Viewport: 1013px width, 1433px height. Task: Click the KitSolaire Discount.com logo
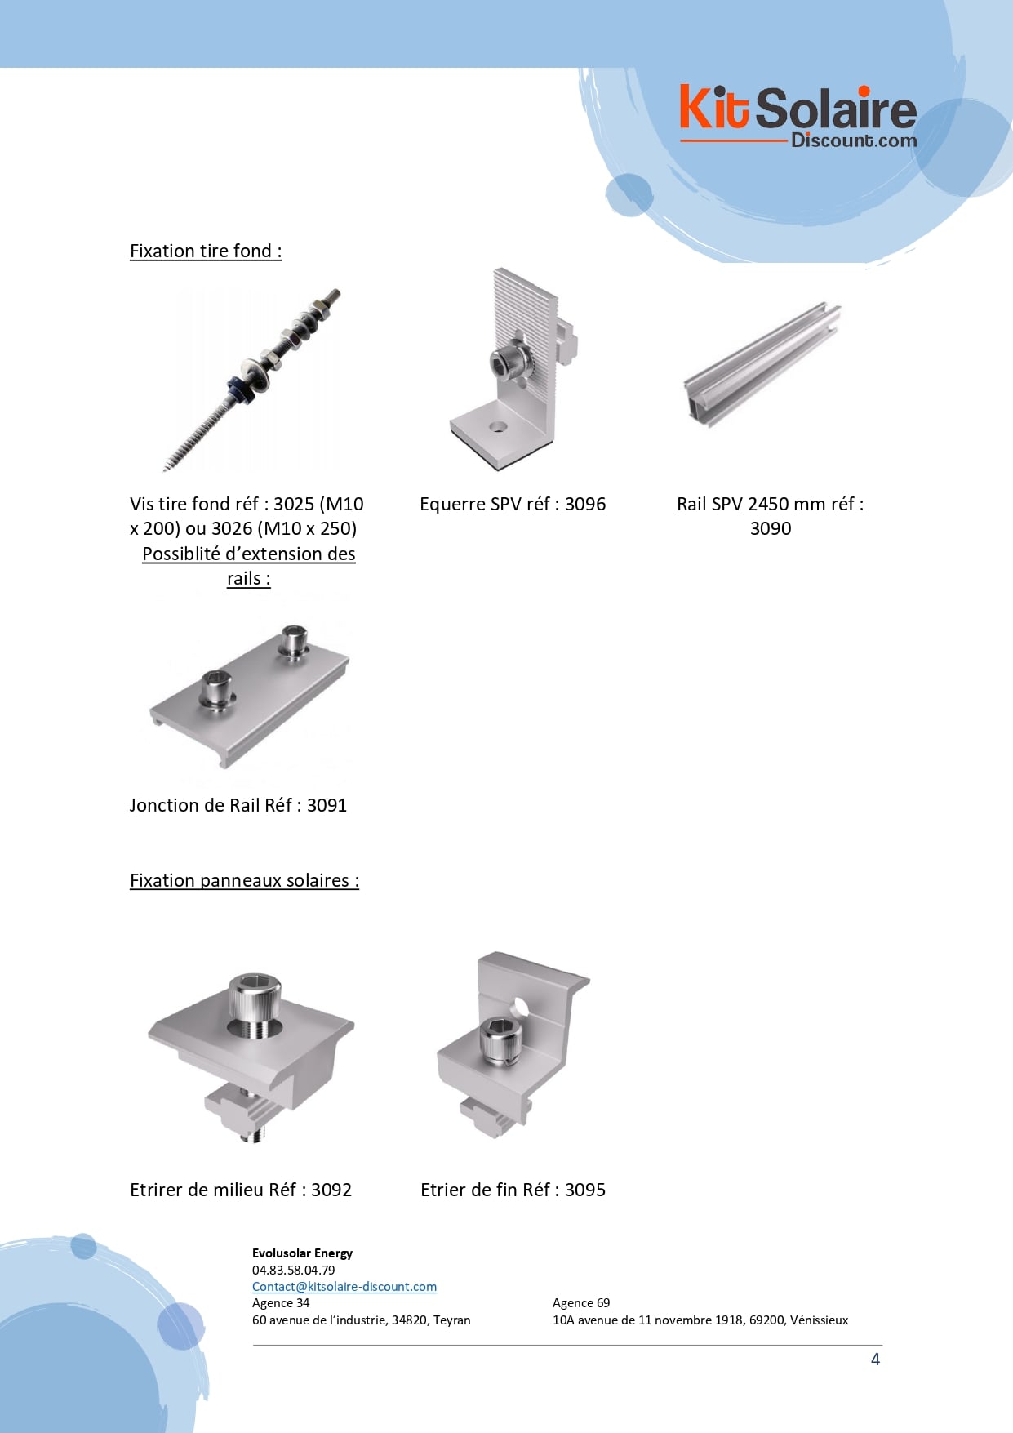[x=798, y=118]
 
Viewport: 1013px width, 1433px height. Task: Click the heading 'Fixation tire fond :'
[x=206, y=251]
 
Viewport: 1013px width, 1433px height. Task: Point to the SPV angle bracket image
[x=513, y=369]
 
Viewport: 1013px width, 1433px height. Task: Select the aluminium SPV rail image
[x=762, y=365]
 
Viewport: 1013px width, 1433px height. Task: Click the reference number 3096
[x=585, y=504]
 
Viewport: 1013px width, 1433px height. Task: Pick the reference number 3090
[x=771, y=528]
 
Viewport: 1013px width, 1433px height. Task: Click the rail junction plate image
[x=250, y=696]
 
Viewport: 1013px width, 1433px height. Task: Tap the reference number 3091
[x=327, y=805]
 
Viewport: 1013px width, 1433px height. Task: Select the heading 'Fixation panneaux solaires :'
[x=244, y=880]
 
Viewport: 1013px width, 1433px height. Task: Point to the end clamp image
[x=513, y=1044]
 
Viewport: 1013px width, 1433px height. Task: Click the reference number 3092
[x=331, y=1190]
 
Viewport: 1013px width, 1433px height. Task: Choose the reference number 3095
[x=585, y=1190]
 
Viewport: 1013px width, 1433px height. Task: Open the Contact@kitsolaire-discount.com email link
[x=344, y=1286]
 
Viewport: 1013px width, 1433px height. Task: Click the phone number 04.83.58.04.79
[x=294, y=1270]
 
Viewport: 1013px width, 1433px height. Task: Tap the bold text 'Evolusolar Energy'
[x=302, y=1253]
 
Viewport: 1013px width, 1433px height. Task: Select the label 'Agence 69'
[x=581, y=1302]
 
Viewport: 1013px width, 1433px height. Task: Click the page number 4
[x=875, y=1360]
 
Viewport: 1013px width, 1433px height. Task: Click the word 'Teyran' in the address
[x=452, y=1320]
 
